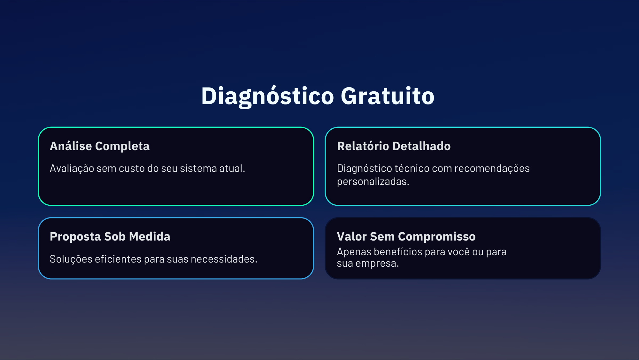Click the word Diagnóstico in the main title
pos(268,96)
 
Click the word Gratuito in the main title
pos(388,96)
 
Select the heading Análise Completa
pos(100,146)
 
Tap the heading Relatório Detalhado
pos(394,146)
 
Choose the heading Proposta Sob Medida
pos(110,236)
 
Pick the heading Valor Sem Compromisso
pos(406,236)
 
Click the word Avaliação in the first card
pos(72,168)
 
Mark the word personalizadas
pos(373,181)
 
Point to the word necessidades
pos(224,259)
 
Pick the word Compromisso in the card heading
pos(437,236)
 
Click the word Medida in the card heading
pos(150,236)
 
